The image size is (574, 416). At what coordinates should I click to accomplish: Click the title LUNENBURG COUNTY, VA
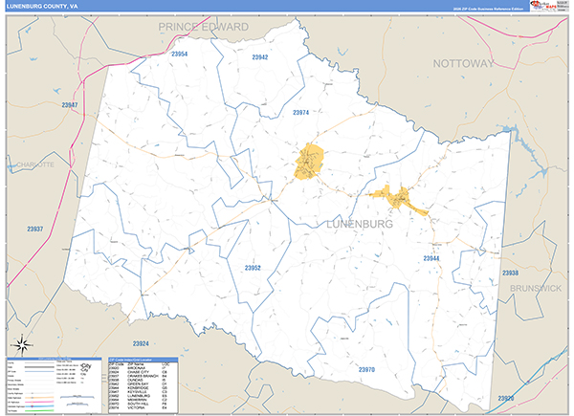(x=43, y=6)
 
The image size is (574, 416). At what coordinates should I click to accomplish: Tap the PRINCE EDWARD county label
(x=203, y=27)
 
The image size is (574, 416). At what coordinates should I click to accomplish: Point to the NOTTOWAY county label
(x=464, y=63)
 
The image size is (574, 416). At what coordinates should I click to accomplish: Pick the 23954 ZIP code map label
(x=179, y=55)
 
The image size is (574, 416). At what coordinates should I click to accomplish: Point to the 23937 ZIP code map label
(x=35, y=230)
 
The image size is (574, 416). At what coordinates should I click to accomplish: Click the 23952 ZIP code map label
(x=253, y=268)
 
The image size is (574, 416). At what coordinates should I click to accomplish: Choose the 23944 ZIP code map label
(x=431, y=258)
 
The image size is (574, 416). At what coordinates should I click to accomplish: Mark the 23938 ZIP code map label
(x=510, y=273)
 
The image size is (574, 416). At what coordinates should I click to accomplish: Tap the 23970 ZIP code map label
(x=367, y=369)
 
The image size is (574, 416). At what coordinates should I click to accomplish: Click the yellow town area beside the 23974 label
(x=309, y=161)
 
